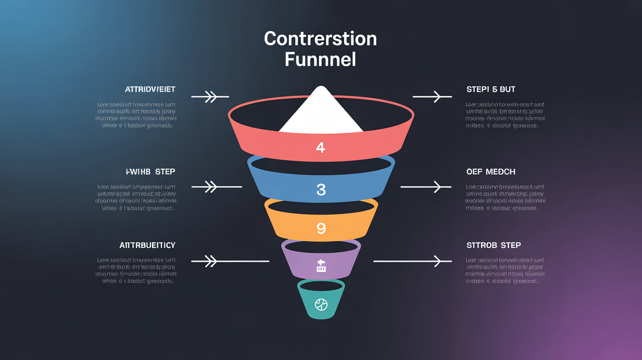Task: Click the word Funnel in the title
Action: click(320, 59)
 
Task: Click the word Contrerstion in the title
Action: click(321, 39)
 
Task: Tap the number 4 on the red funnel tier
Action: click(321, 147)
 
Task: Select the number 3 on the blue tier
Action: click(321, 190)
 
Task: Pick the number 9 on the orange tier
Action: click(321, 228)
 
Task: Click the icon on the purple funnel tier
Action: click(321, 266)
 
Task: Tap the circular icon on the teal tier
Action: click(321, 305)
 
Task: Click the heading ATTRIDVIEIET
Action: click(150, 90)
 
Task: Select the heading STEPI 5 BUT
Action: click(491, 90)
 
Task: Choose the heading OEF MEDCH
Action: click(491, 172)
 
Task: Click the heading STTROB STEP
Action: click(494, 245)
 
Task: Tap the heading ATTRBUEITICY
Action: click(147, 245)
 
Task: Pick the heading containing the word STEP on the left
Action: click(151, 172)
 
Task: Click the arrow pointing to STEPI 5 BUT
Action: click(433, 97)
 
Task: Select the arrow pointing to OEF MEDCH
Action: click(426, 187)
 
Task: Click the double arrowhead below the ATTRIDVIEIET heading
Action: click(210, 97)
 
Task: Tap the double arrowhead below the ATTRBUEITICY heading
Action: click(210, 261)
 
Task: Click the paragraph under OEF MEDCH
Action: click(505, 198)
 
